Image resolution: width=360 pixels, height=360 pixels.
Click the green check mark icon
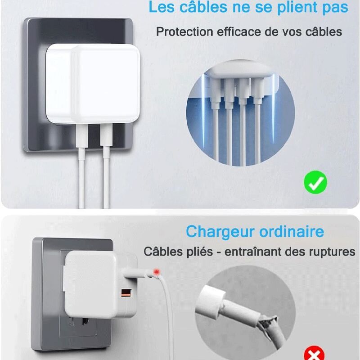(315, 182)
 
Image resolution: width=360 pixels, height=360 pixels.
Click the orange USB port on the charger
(126, 293)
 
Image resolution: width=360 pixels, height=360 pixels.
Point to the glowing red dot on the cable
(157, 272)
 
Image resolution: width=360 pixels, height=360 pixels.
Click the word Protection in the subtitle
(184, 31)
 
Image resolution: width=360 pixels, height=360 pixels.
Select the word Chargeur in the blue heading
(220, 232)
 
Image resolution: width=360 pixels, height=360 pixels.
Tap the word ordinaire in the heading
(292, 231)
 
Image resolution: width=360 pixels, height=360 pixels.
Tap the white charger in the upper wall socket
(93, 84)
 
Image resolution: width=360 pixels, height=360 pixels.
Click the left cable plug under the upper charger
(82, 136)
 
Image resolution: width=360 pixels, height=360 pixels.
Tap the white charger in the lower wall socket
(100, 284)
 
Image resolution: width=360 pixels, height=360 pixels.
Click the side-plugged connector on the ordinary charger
(137, 273)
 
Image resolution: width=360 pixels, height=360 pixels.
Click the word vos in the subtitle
(292, 32)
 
